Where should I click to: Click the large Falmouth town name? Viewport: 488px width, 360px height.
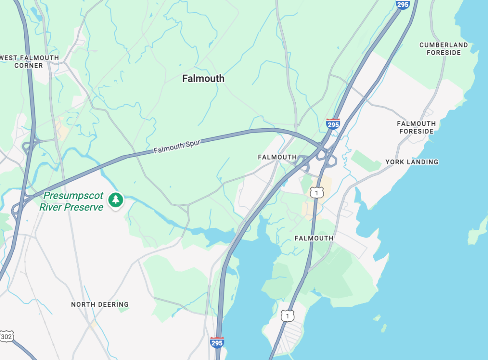coord(203,78)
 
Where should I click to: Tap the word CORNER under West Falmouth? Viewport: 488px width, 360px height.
coord(28,65)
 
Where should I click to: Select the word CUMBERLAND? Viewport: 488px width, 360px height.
coord(443,45)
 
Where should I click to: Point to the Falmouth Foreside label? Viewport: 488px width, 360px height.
coord(416,127)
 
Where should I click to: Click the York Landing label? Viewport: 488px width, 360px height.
coord(412,162)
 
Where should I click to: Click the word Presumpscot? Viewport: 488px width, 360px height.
coord(73,195)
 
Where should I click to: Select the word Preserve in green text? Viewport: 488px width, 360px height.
coord(83,207)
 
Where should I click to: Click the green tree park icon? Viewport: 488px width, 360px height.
coord(116,200)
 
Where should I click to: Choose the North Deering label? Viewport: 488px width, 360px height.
coord(100,304)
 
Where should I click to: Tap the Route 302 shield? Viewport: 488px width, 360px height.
coord(6,336)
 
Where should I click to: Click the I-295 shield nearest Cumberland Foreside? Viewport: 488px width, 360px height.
coord(402,4)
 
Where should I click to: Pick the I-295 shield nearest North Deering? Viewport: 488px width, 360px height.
coord(217,342)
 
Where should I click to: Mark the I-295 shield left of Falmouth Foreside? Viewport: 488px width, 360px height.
coord(332,124)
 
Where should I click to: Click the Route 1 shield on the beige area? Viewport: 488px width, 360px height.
coord(317,192)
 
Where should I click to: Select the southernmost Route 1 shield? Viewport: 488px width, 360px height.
coord(287,316)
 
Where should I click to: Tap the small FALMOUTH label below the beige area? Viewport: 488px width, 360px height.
coord(314,238)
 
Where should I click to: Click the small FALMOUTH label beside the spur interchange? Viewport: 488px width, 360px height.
coord(277,157)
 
